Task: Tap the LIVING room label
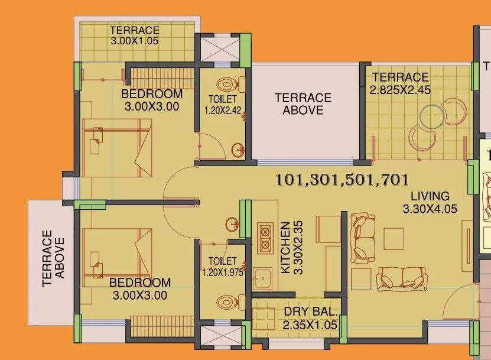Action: click(430, 196)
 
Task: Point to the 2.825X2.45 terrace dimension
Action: click(400, 90)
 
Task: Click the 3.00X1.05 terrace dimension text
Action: click(134, 41)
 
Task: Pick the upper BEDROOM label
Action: click(152, 95)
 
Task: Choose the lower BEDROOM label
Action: click(140, 283)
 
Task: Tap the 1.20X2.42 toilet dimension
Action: click(223, 110)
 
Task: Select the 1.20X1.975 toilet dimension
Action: click(223, 273)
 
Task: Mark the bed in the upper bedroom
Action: click(118, 148)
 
